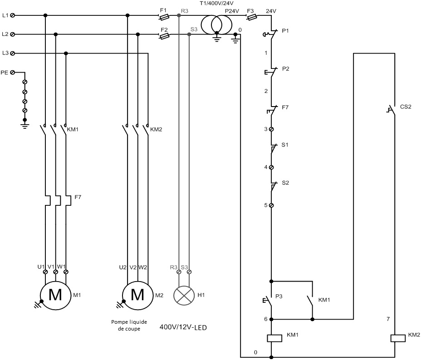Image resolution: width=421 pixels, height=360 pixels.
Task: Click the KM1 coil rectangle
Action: [274, 338]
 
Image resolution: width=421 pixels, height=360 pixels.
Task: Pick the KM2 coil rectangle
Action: [398, 338]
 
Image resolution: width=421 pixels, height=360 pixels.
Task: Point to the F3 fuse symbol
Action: [252, 17]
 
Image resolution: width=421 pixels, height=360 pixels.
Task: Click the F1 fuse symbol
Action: [164, 17]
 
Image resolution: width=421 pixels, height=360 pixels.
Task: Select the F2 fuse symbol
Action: [164, 36]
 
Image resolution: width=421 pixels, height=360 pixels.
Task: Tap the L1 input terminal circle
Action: [12, 15]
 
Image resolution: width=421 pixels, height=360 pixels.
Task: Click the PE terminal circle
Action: [12, 73]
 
